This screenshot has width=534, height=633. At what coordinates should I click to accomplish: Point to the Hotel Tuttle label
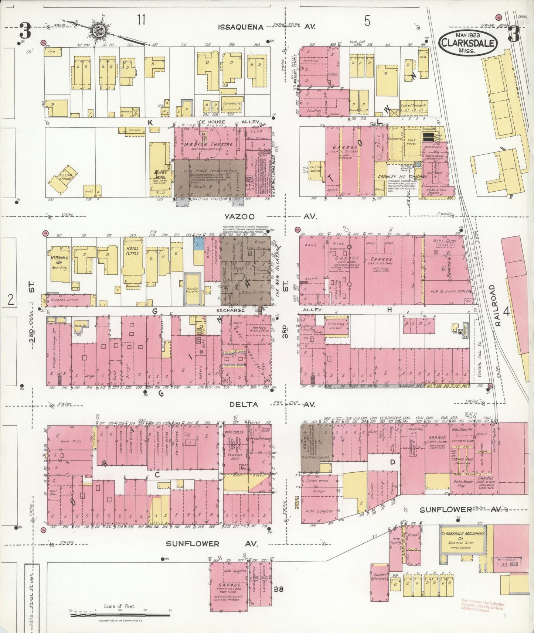(132, 251)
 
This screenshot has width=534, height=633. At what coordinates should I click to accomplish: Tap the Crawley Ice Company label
(402, 177)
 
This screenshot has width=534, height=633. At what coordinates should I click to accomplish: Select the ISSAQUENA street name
(241, 27)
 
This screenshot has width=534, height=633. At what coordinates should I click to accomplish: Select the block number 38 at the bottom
(279, 589)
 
